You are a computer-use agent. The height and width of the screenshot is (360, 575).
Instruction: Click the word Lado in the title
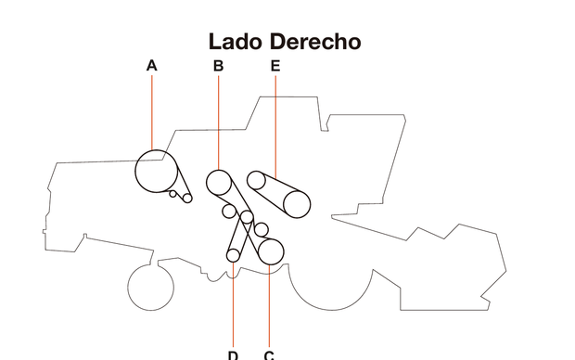point(236,42)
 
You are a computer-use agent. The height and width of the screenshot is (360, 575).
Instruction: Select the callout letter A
point(152,66)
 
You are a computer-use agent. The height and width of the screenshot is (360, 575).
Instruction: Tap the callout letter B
point(219,66)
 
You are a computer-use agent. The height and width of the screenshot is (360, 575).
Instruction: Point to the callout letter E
point(275,66)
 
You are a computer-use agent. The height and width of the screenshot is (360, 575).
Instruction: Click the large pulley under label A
point(154,169)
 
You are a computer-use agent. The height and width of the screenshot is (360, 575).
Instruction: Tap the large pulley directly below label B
point(219,182)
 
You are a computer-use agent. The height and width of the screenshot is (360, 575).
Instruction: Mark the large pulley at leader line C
point(270,251)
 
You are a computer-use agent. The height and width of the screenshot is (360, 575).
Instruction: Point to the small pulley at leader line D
point(234,255)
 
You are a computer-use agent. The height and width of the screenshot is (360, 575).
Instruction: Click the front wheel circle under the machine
point(150,287)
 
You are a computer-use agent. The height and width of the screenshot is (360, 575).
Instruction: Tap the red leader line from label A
point(152,111)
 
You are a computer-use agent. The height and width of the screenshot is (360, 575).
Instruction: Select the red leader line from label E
point(275,121)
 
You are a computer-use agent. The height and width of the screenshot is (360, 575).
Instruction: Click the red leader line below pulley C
point(269,306)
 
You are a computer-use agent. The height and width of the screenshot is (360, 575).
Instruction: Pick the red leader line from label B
point(219,121)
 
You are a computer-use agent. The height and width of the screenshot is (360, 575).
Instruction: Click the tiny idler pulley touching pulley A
point(172,193)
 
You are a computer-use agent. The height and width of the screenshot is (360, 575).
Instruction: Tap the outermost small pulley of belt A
point(186,198)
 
